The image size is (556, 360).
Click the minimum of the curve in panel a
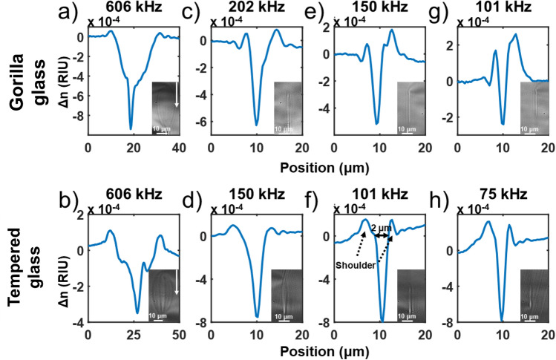(131, 128)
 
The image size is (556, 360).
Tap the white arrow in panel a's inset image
(176, 95)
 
